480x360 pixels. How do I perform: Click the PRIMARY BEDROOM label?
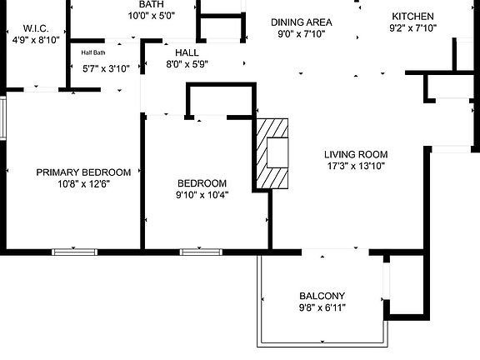point(83,172)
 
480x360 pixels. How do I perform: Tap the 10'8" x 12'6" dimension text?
point(83,184)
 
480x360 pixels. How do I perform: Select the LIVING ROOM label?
point(356,154)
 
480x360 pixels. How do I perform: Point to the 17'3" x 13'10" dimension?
point(356,166)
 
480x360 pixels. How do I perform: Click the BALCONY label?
point(322,296)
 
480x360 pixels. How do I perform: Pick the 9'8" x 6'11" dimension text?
point(322,307)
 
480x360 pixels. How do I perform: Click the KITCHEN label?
point(412,16)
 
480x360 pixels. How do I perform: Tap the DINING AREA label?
point(302,22)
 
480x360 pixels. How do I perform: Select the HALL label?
point(187,52)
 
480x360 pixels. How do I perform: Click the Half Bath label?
point(93,52)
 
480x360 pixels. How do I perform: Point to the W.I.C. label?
point(36,28)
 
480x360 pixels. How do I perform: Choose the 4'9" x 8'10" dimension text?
point(36,40)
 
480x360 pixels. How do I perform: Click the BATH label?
point(151,4)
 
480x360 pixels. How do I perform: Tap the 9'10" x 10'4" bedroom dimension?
point(202,195)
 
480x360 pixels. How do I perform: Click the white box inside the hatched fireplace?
point(277,152)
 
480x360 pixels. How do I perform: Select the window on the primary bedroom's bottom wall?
point(74,252)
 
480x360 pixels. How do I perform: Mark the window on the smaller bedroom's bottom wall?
point(201,252)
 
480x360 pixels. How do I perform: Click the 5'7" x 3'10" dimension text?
point(106,68)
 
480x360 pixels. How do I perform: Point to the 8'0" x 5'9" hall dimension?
point(187,64)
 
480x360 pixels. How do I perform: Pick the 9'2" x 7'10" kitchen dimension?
point(412,28)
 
